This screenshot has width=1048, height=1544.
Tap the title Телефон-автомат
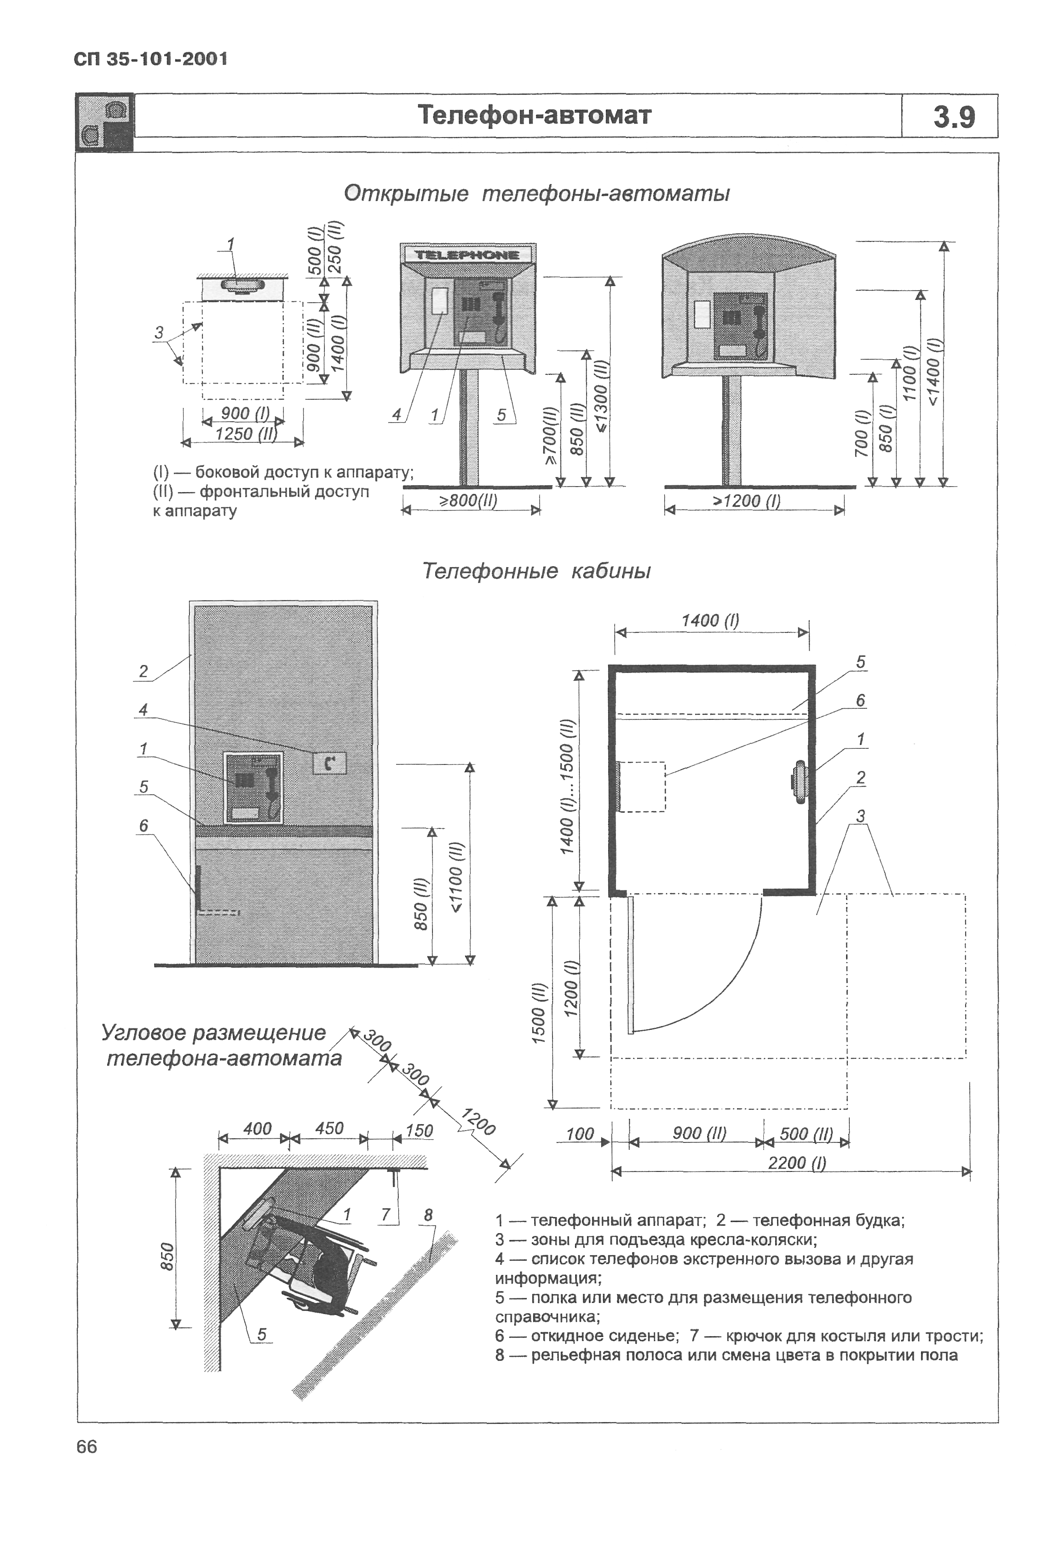534,115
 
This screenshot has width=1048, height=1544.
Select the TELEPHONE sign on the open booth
466,254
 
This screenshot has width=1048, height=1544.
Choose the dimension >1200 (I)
746,500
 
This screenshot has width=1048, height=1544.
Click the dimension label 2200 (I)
796,1162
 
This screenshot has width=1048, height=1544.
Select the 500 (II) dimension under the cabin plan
806,1133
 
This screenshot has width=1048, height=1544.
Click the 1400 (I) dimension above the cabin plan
710,620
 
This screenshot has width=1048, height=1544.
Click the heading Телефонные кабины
536,571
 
